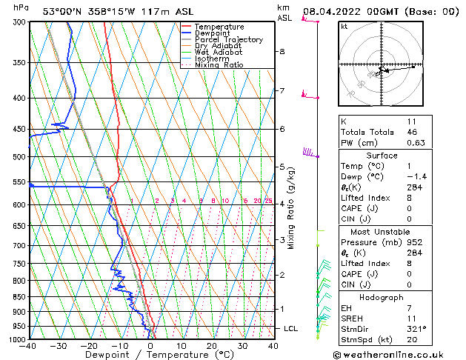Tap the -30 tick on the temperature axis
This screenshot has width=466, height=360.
[59, 346]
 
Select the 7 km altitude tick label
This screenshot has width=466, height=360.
[282, 91]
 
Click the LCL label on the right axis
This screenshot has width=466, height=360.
[292, 328]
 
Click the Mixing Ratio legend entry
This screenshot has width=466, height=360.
[219, 65]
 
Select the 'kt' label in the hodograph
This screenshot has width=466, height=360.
[344, 27]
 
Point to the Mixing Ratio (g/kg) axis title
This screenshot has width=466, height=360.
[291, 207]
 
